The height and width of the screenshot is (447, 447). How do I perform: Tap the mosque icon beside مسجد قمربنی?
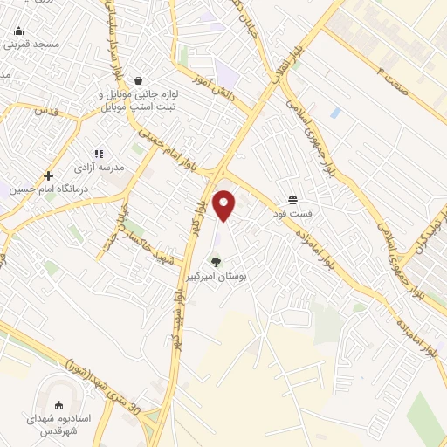point(18,31)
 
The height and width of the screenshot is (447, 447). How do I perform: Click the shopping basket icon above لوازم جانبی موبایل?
point(138,80)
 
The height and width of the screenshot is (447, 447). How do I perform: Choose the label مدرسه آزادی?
point(99,167)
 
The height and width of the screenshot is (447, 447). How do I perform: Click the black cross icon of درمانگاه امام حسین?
point(49,175)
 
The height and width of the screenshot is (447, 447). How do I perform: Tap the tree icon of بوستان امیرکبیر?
point(216,260)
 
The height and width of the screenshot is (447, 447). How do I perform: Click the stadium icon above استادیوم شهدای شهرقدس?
point(58,405)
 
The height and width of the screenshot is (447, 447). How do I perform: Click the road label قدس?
point(45,112)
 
